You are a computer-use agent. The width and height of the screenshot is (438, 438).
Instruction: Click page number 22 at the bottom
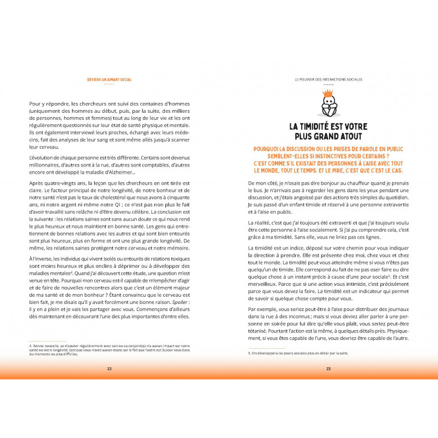(x=109, y=368)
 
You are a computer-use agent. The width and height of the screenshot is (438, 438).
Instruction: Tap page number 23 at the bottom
(x=328, y=368)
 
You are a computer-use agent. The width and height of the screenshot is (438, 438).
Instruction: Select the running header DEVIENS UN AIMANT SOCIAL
(x=109, y=79)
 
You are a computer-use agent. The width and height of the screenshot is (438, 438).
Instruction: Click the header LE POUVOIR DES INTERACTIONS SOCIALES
(x=328, y=79)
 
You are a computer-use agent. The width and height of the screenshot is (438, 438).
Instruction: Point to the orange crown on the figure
(x=329, y=94)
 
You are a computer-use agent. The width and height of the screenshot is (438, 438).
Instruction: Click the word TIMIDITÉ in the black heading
(x=321, y=126)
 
